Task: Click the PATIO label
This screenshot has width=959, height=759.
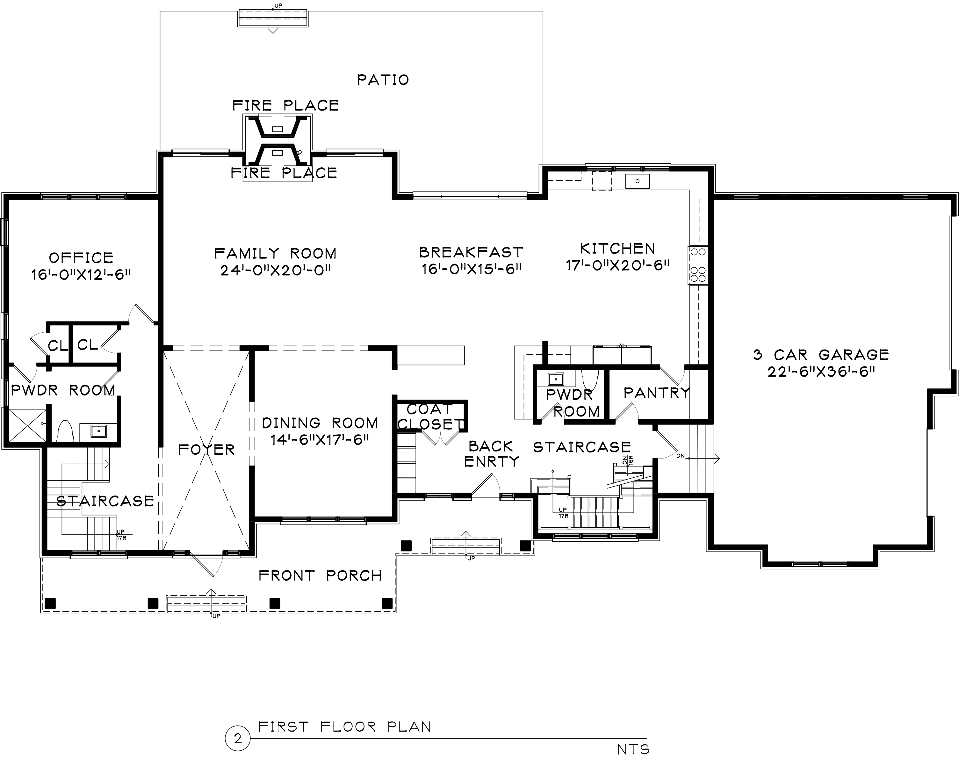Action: (383, 80)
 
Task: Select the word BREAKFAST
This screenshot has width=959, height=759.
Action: (471, 252)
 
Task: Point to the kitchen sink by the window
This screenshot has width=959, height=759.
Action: (637, 181)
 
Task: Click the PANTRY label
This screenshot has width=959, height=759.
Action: (656, 393)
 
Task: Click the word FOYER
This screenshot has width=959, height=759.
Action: (206, 450)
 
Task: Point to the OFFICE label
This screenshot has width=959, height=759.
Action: (81, 258)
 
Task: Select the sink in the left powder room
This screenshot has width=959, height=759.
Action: (98, 430)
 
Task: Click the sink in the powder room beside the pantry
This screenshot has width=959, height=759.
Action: (556, 379)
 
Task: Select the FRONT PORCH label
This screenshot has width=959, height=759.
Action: (320, 576)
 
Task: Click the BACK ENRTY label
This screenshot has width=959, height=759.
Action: (491, 454)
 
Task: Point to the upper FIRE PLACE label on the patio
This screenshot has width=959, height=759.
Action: (285, 106)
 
